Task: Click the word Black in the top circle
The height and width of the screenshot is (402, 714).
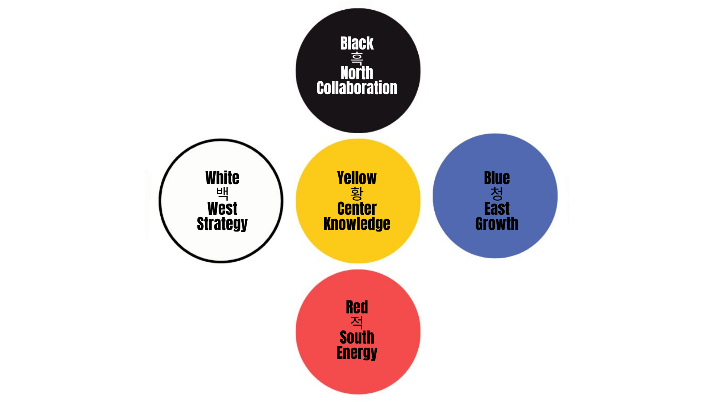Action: (x=357, y=43)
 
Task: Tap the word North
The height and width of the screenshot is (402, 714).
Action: (x=357, y=73)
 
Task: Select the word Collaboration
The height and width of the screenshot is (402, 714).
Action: (x=357, y=88)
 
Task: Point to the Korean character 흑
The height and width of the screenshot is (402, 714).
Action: (x=357, y=58)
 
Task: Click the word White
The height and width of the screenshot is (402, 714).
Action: (x=222, y=178)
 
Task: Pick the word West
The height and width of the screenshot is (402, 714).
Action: (x=222, y=208)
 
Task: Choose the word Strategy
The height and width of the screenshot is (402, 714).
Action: (x=222, y=224)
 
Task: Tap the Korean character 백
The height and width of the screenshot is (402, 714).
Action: (x=222, y=193)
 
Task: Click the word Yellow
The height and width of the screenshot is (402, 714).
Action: (x=357, y=178)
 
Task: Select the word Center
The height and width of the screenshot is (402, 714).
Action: (x=357, y=208)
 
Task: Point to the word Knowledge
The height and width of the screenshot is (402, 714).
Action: (x=357, y=224)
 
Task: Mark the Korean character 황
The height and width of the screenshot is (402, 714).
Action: (x=357, y=193)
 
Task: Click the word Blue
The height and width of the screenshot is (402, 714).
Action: (x=497, y=178)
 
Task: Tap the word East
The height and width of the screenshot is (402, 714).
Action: (x=497, y=208)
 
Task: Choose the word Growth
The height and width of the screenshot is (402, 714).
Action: (x=497, y=224)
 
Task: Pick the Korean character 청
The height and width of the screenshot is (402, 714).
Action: (x=497, y=193)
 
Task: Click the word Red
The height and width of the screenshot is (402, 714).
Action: (x=357, y=307)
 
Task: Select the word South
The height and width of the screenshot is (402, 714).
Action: (x=357, y=337)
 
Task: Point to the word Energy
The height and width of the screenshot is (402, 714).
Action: (x=357, y=353)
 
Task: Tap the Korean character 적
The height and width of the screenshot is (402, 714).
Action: (x=357, y=322)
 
